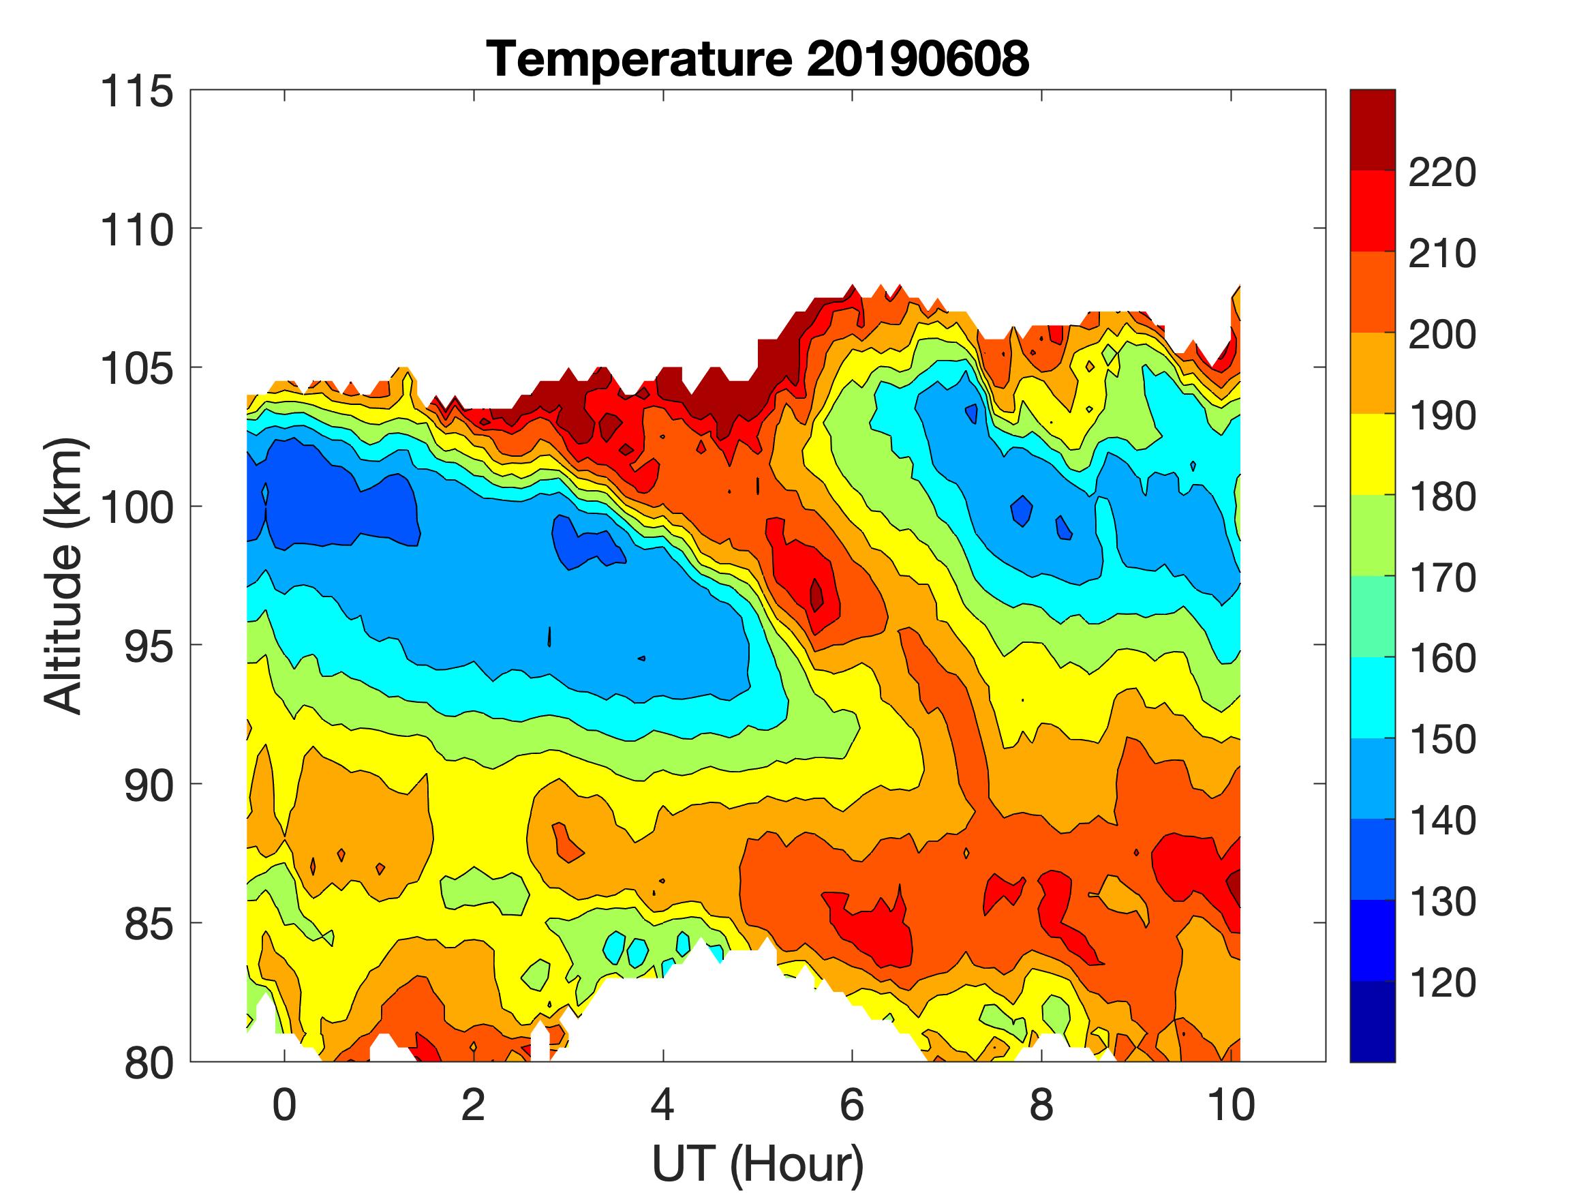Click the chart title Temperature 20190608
pos(758,59)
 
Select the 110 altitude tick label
pos(136,231)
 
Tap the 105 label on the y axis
pos(136,369)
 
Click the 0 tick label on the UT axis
pos(285,1104)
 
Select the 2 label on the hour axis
pos(474,1104)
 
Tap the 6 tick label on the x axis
pos(852,1104)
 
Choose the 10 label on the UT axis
pos(1232,1104)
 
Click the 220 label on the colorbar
pos(1442,172)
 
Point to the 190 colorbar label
pos(1442,416)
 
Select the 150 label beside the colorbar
pos(1442,740)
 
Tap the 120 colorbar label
pos(1442,983)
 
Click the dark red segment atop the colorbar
pos(1372,130)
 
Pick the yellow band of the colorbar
pos(1372,454)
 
